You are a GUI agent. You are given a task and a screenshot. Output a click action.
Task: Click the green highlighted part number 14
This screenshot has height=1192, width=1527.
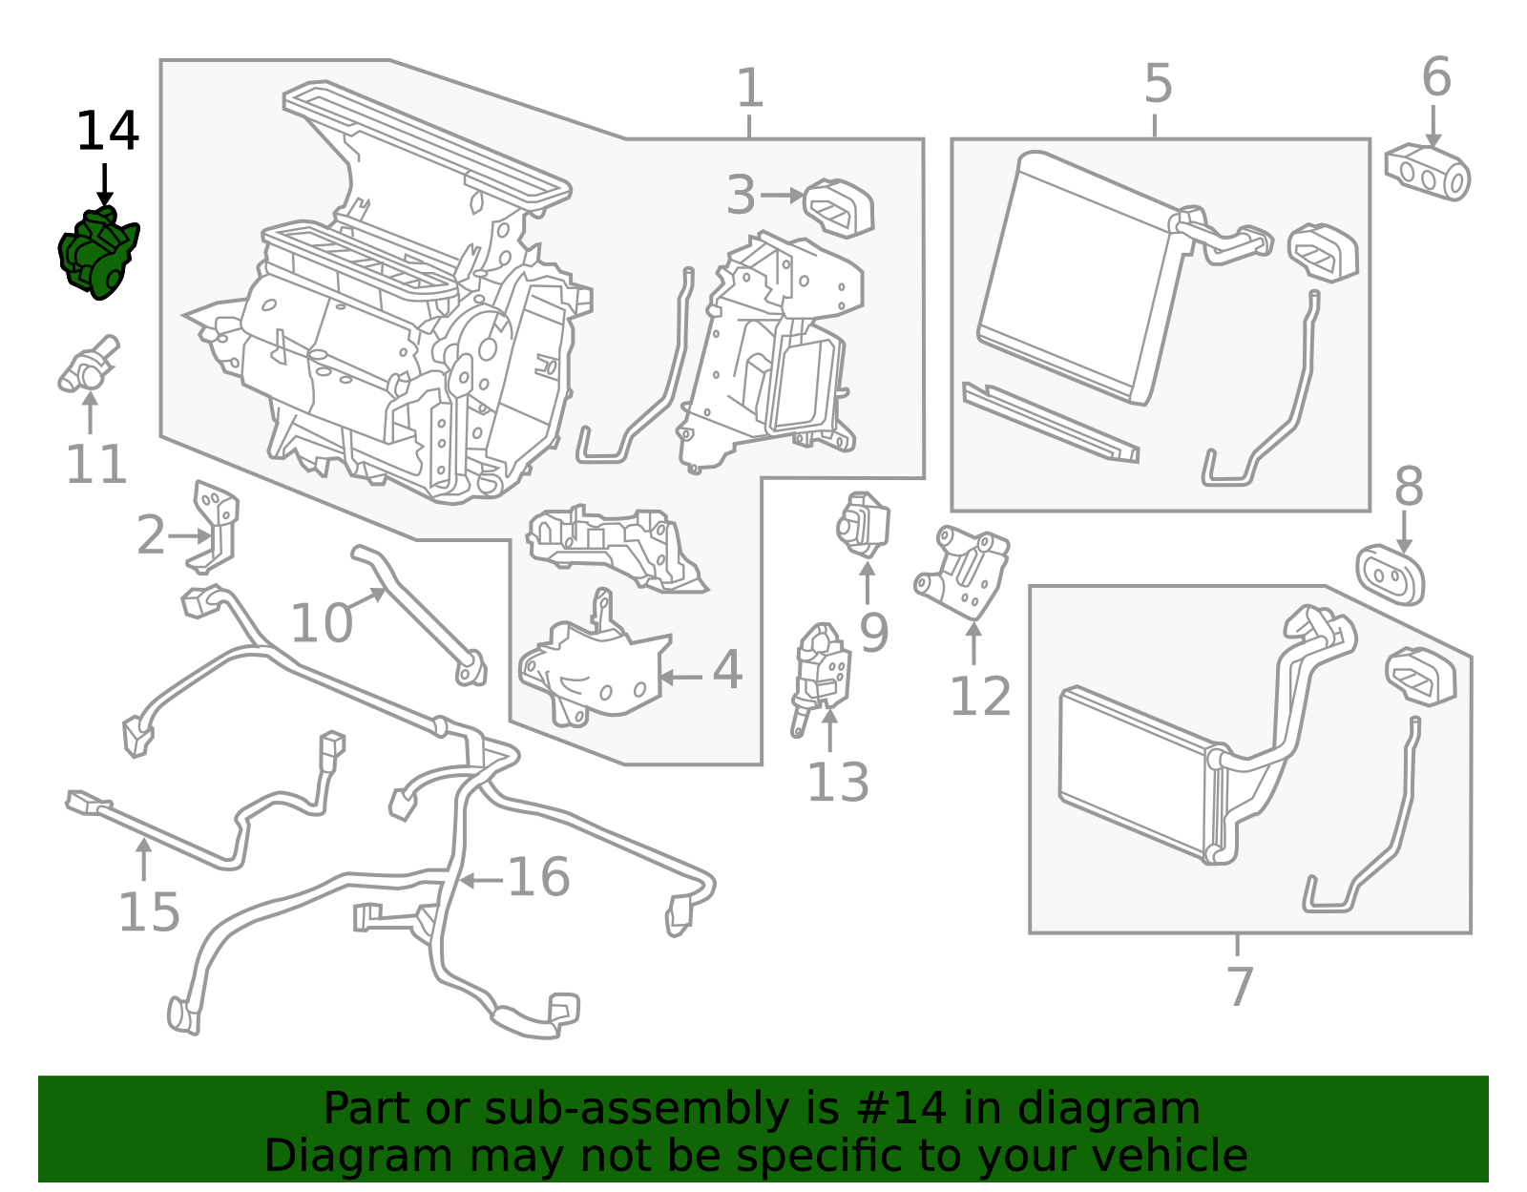tap(97, 253)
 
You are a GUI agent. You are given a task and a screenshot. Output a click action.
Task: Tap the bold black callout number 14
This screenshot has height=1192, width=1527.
tap(107, 132)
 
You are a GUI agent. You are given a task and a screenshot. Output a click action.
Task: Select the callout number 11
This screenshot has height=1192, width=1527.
tap(95, 465)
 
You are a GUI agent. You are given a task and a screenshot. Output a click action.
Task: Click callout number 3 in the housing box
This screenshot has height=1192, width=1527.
tap(741, 195)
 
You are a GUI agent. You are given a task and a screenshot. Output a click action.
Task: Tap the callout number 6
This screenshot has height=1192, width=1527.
tap(1436, 77)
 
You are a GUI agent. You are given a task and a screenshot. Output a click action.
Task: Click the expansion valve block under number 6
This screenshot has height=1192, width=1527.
tap(1428, 172)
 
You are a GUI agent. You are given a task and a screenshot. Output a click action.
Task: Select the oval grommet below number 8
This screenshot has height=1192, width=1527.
tap(1391, 575)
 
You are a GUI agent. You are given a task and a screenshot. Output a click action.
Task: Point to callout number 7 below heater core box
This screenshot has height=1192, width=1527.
tap(1238, 986)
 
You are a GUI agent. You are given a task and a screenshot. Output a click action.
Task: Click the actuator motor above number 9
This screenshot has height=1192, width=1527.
tap(863, 524)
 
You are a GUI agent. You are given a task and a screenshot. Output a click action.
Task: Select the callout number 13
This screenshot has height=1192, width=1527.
tap(837, 783)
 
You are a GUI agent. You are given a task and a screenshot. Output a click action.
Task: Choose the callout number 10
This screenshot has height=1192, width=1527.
tap(321, 623)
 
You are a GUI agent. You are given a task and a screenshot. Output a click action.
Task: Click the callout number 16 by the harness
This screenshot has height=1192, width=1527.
tap(538, 877)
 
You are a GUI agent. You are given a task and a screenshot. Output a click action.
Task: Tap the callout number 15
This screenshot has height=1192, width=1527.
tap(149, 912)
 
